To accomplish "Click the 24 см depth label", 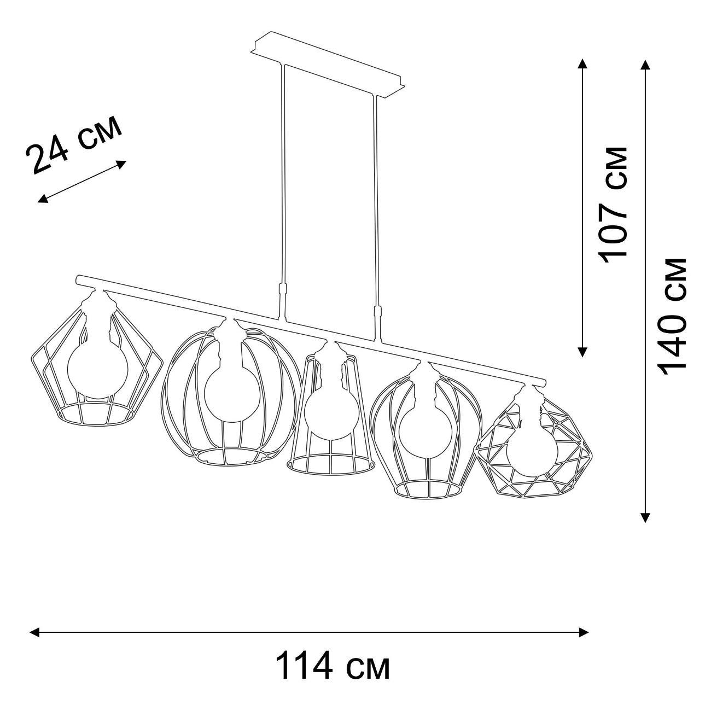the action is (x=74, y=144).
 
